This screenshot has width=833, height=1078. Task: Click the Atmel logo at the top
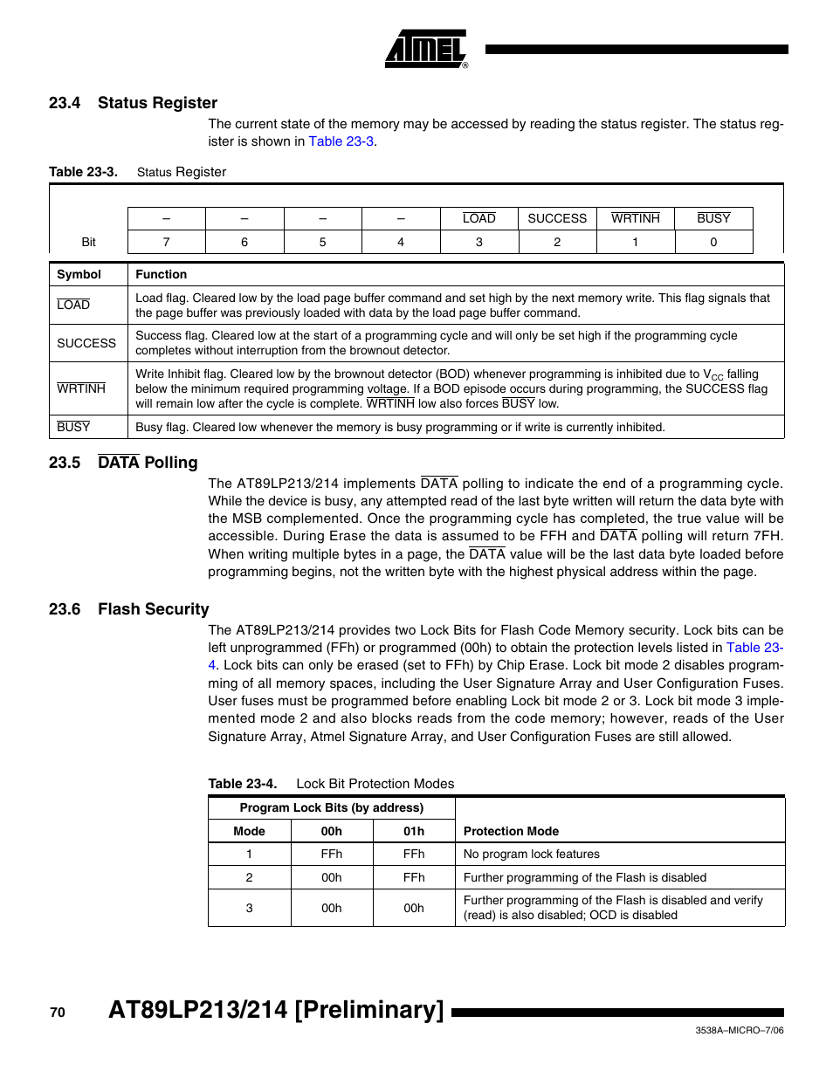(x=426, y=50)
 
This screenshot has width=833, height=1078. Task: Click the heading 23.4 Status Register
(x=133, y=103)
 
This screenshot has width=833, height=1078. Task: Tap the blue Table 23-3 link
(x=341, y=141)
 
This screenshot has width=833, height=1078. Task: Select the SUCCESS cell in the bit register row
(x=557, y=218)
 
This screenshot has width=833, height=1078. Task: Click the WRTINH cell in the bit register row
(x=635, y=218)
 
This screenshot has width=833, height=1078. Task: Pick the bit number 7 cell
(x=166, y=242)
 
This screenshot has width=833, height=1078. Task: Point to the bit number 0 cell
(x=713, y=242)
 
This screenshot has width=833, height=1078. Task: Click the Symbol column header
(x=79, y=274)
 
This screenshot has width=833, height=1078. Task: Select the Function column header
(x=162, y=274)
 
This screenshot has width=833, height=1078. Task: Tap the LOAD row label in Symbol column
(x=73, y=305)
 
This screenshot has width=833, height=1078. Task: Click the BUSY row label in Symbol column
(x=73, y=427)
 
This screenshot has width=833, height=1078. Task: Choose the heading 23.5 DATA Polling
(x=123, y=463)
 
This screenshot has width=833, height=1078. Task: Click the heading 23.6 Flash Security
(x=129, y=609)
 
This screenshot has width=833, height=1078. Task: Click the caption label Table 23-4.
(x=242, y=784)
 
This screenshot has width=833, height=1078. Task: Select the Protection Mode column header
(x=511, y=831)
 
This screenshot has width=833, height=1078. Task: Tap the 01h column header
(x=414, y=831)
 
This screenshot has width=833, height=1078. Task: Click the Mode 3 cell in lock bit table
(x=249, y=908)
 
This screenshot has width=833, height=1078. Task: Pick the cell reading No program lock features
(x=532, y=854)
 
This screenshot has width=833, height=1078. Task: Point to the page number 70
(x=58, y=1013)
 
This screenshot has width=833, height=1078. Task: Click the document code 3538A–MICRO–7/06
(x=739, y=1031)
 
